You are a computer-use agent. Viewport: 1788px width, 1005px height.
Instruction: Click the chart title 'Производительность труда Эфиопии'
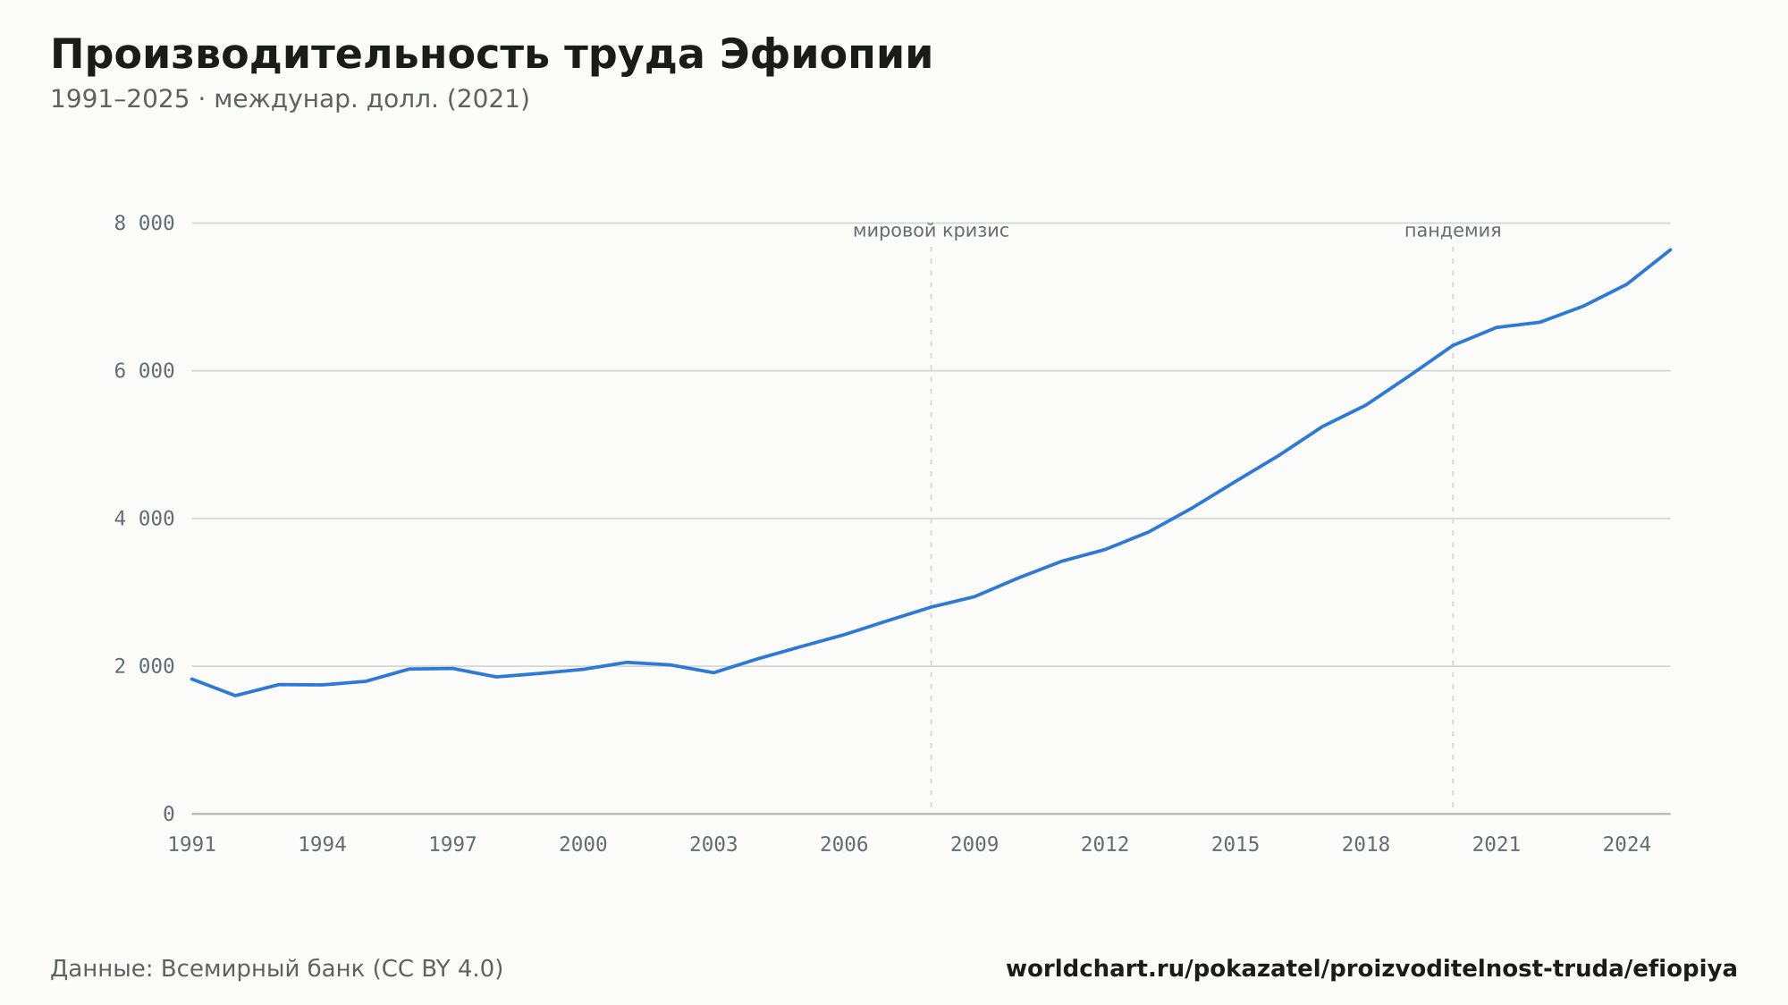tap(492, 55)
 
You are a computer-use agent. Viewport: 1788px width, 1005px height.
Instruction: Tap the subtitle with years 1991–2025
tap(290, 99)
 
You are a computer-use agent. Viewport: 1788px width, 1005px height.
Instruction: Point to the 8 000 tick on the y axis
tap(144, 224)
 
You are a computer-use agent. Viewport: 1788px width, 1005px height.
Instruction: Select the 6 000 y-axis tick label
tap(144, 371)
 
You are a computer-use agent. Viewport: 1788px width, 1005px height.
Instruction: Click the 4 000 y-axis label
tap(144, 519)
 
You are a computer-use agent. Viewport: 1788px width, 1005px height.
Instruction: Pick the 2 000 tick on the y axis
tap(144, 666)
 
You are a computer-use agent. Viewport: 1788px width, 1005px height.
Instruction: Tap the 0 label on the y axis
tap(169, 815)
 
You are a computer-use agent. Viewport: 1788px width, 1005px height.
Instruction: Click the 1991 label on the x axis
tap(192, 845)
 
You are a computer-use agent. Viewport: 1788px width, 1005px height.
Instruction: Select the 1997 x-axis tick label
tap(453, 845)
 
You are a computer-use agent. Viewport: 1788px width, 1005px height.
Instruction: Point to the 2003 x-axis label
tap(713, 845)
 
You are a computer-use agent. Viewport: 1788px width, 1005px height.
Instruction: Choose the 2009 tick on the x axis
tap(974, 845)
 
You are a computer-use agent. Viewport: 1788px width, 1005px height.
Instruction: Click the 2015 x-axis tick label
tap(1236, 845)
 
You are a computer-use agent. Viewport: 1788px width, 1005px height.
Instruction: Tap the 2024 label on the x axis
tap(1627, 845)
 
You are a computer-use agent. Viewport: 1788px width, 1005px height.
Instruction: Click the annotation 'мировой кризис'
tap(931, 231)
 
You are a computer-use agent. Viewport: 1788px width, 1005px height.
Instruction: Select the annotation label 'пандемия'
tap(1453, 231)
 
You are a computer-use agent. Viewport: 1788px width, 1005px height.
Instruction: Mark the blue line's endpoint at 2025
tap(1670, 249)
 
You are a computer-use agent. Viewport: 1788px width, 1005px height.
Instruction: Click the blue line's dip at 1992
tap(236, 696)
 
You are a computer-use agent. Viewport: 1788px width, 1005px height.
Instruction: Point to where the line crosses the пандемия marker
tap(1453, 345)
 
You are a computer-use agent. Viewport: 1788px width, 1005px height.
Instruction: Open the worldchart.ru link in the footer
tap(1371, 969)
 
